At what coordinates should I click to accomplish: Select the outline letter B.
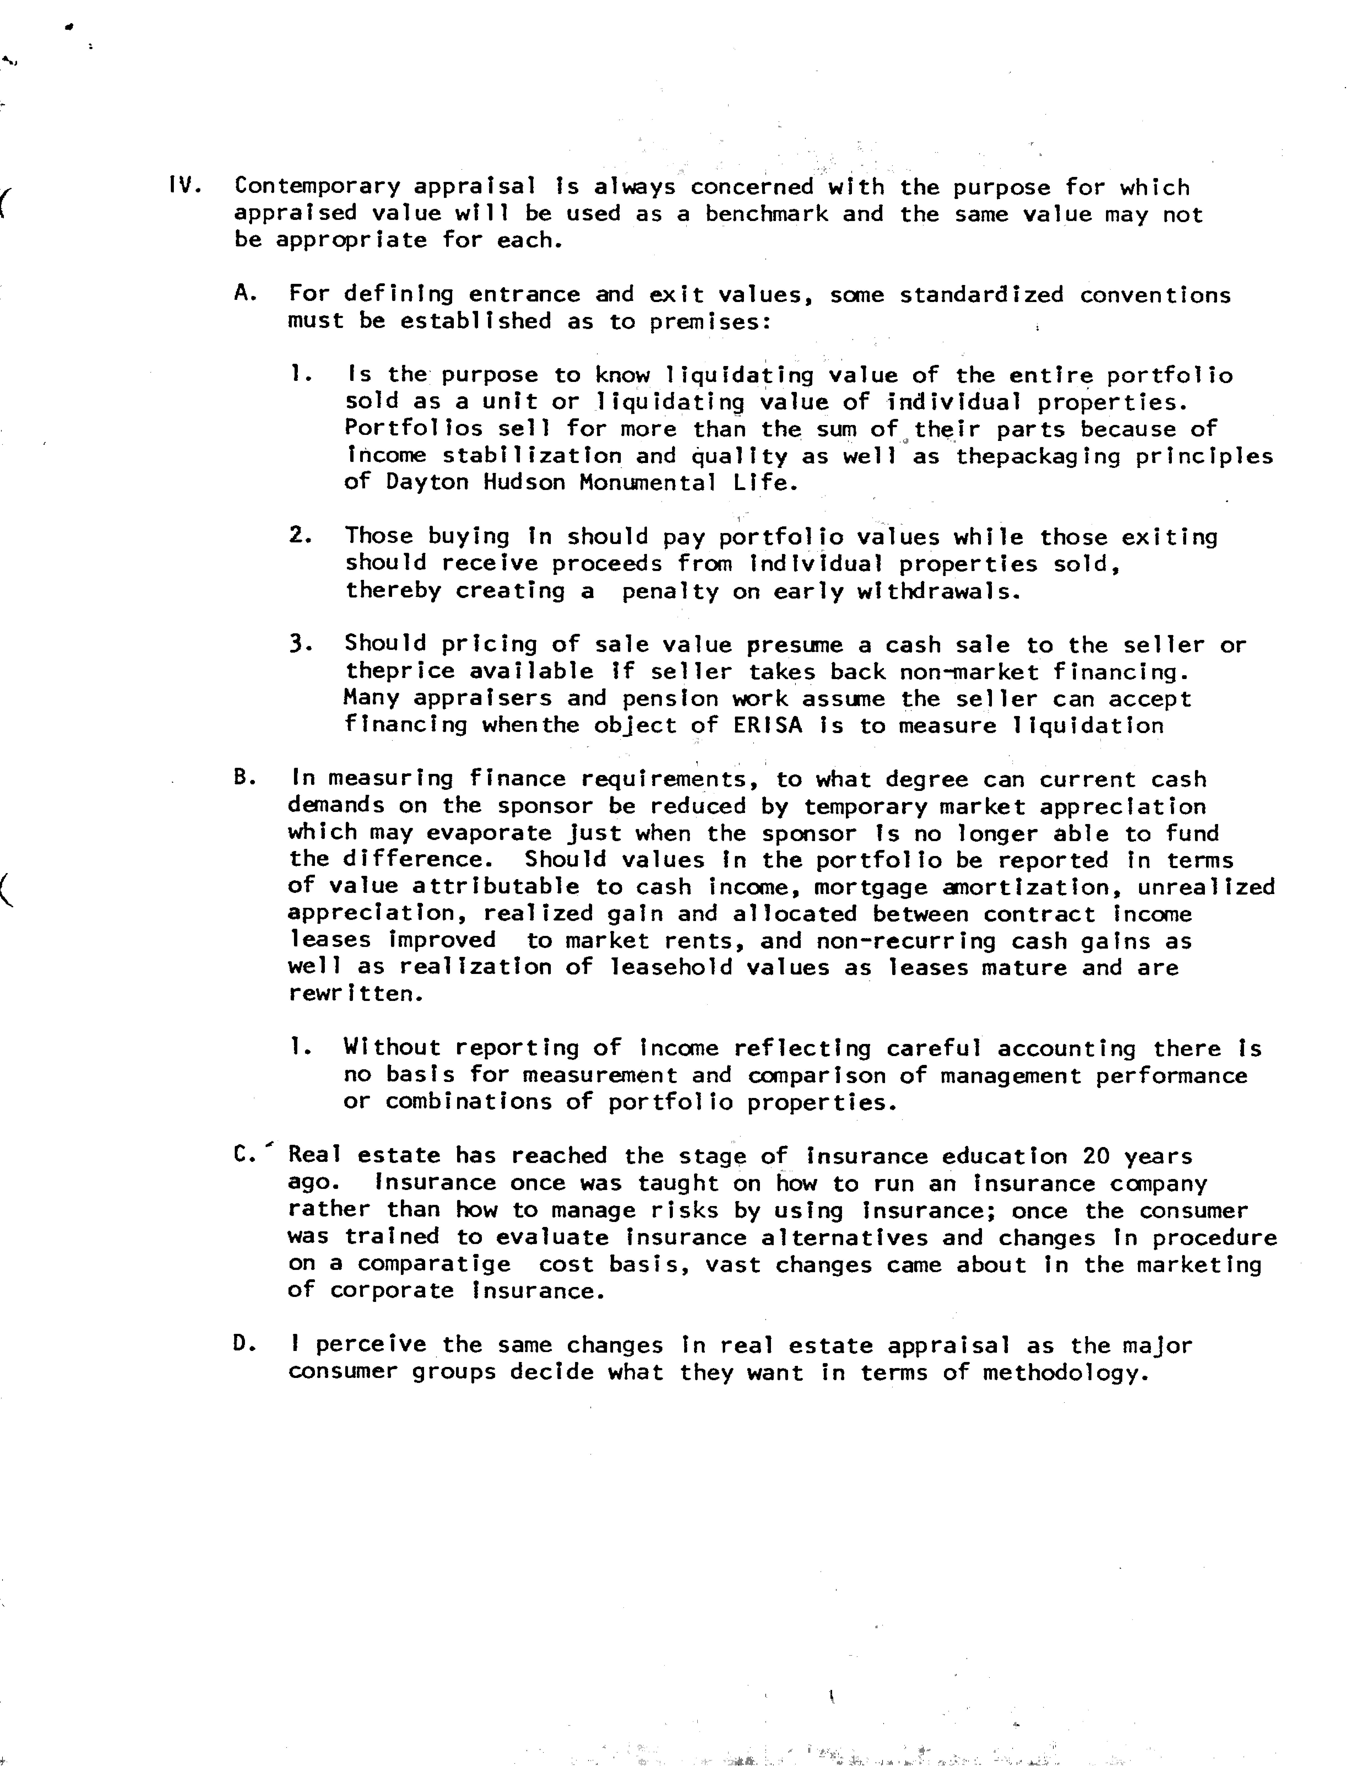pyautogui.click(x=245, y=778)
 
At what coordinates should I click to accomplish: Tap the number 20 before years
pyautogui.click(x=1096, y=1156)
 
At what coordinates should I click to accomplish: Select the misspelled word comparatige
pyautogui.click(x=435, y=1264)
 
